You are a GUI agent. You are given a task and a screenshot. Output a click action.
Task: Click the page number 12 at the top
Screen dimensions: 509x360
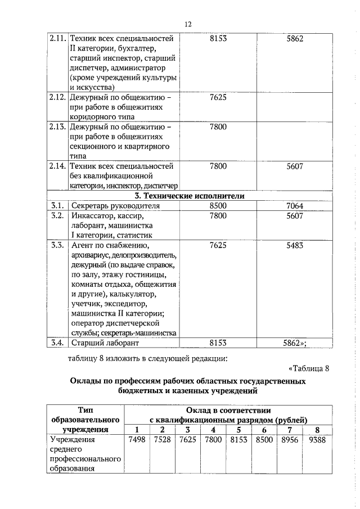(187, 24)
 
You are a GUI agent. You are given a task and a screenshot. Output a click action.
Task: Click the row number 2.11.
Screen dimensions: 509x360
(57, 39)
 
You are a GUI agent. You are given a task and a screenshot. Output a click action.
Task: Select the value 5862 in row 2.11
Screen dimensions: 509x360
(294, 39)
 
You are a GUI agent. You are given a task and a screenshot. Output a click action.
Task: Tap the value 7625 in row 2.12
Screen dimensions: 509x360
(218, 97)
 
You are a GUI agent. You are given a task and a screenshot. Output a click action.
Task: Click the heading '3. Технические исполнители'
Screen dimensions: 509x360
(190, 196)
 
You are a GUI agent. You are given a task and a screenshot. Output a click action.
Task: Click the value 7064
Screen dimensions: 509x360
(294, 206)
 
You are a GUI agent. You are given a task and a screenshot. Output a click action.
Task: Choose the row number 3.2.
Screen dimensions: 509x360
(57, 215)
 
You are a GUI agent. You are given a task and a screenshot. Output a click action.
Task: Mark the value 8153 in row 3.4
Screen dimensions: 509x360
(218, 342)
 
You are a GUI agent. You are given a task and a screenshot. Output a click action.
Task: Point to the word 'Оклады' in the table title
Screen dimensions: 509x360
(85, 382)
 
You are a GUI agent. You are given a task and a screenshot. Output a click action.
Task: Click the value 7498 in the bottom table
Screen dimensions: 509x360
(137, 440)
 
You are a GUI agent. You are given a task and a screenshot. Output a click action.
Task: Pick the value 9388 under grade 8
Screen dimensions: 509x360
(317, 440)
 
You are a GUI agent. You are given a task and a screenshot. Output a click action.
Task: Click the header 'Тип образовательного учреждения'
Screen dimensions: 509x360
(85, 420)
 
